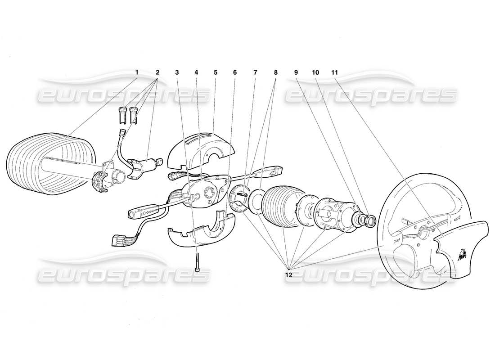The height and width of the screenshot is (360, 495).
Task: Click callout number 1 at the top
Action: click(x=137, y=72)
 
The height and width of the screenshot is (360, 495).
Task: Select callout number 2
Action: click(x=157, y=72)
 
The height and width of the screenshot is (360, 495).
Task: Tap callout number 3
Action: click(x=177, y=72)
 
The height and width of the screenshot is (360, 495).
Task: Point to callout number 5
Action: click(x=216, y=72)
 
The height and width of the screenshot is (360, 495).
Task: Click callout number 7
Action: click(x=255, y=72)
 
